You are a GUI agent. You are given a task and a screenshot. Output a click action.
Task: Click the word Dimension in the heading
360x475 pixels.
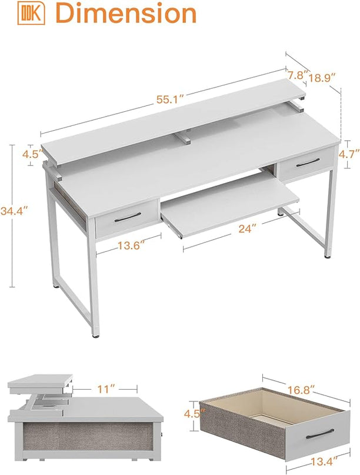[125, 14]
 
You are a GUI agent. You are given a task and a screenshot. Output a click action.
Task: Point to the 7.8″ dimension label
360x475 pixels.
[296, 75]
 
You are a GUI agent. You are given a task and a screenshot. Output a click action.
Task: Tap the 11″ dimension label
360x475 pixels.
[104, 388]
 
